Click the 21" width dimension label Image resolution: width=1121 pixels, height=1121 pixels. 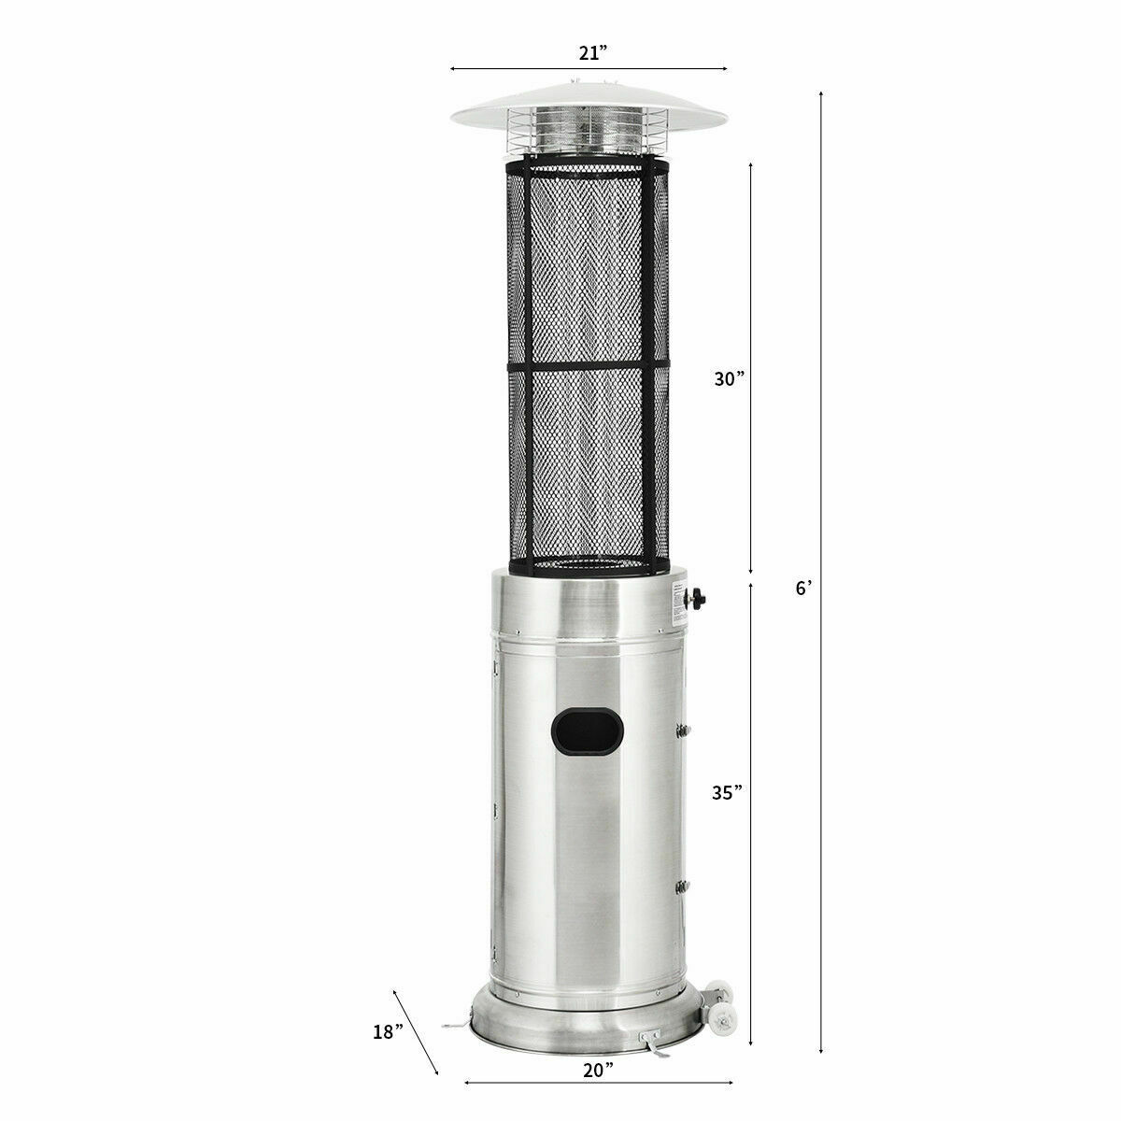tap(588, 53)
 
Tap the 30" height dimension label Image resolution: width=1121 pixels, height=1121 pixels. tap(724, 379)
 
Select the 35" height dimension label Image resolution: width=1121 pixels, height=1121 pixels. tap(724, 792)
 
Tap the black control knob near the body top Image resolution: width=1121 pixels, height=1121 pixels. tap(696, 597)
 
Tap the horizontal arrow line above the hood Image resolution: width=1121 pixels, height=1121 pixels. tap(588, 68)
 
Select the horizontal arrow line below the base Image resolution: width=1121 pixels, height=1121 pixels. tap(598, 1083)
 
